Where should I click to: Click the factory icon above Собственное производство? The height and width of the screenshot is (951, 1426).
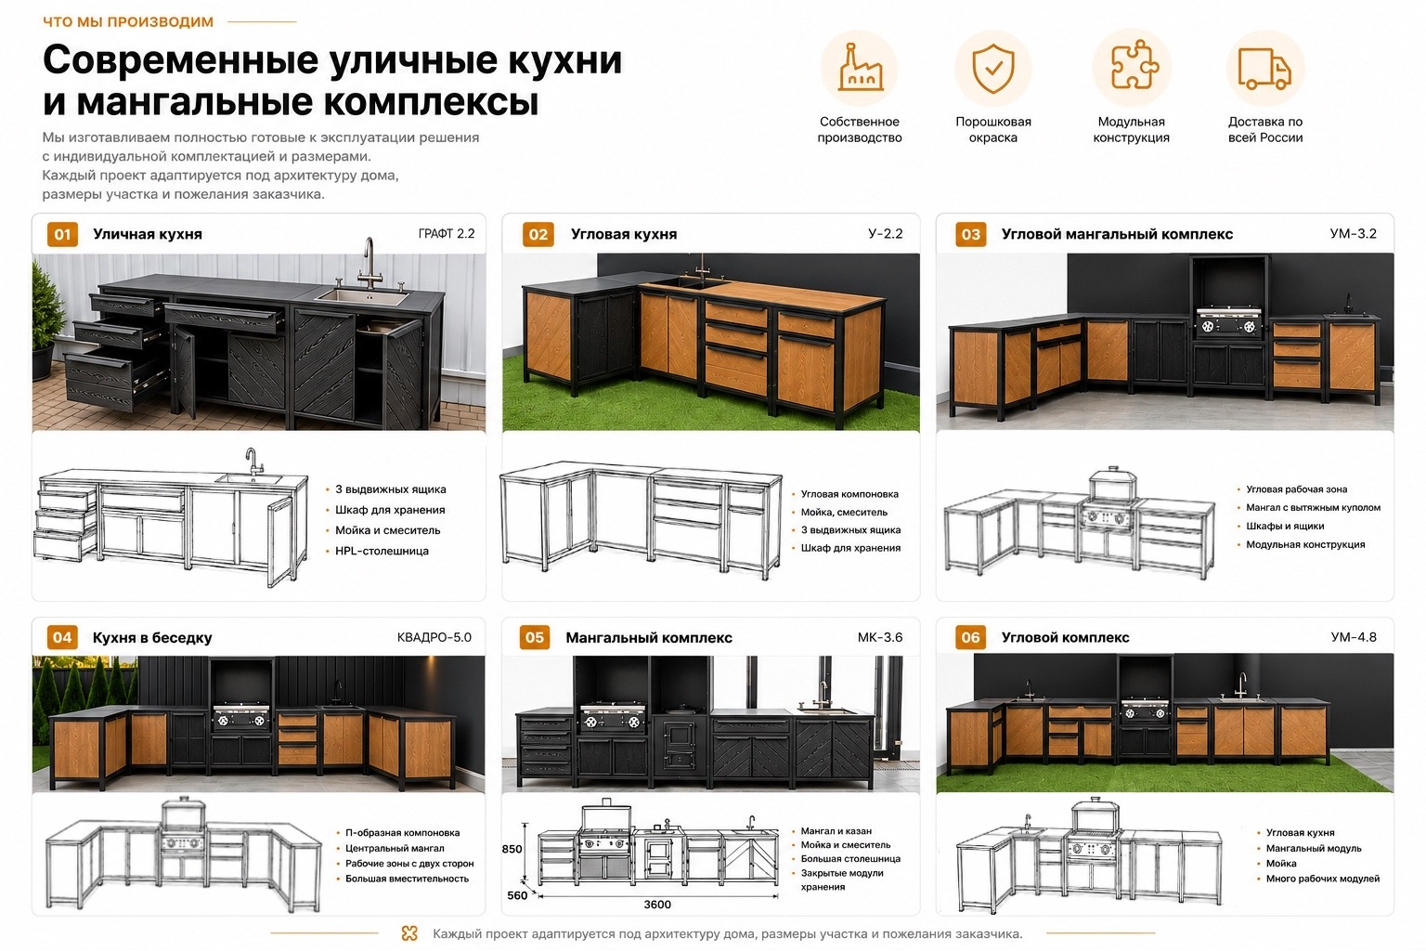[860, 68]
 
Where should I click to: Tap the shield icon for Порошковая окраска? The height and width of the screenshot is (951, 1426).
[993, 69]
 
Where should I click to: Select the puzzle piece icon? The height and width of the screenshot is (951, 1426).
[1133, 65]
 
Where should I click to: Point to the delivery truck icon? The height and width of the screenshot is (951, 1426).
[1264, 68]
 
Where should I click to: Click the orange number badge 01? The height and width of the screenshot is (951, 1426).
[62, 234]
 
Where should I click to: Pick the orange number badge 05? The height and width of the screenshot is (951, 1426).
[535, 638]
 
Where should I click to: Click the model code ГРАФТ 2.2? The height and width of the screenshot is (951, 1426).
[447, 234]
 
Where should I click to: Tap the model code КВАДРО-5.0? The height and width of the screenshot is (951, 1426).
[434, 637]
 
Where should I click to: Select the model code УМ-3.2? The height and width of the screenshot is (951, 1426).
[1353, 234]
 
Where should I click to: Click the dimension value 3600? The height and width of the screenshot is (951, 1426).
[657, 905]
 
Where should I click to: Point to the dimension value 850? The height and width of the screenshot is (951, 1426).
[512, 849]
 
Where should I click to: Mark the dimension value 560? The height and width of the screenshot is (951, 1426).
[517, 895]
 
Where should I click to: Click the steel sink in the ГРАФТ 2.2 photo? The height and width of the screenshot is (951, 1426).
[361, 296]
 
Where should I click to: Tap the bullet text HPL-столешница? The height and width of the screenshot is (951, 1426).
[382, 551]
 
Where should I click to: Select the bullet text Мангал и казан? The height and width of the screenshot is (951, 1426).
[836, 831]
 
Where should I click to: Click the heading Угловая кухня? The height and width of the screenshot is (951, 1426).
[624, 234]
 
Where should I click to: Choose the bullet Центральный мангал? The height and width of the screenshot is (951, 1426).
[395, 849]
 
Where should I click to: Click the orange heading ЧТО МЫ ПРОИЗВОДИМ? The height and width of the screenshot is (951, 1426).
[129, 21]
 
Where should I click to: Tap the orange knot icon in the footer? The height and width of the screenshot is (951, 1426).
[409, 933]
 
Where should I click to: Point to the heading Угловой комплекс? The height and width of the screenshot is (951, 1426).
[1065, 638]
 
